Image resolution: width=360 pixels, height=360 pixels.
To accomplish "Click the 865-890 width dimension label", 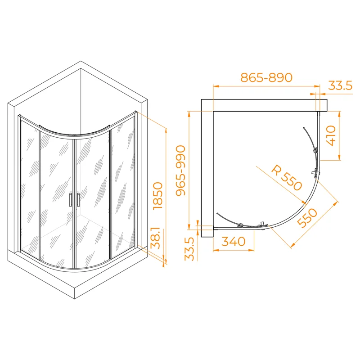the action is [266, 77].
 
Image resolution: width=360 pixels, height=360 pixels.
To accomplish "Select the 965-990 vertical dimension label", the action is [181, 171].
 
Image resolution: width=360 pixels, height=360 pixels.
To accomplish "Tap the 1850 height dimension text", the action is [158, 196].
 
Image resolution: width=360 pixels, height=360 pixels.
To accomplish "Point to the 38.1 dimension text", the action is [156, 238].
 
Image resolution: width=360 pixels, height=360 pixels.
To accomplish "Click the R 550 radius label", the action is [287, 178].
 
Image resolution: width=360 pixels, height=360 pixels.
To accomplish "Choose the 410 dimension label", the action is [331, 135].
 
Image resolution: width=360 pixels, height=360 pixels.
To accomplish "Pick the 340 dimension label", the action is [234, 242].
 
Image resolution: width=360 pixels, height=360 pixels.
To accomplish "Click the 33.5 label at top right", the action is [340, 85].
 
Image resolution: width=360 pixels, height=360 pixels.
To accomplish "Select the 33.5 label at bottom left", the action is [189, 249].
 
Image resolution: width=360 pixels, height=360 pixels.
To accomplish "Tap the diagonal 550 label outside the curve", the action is [307, 218].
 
